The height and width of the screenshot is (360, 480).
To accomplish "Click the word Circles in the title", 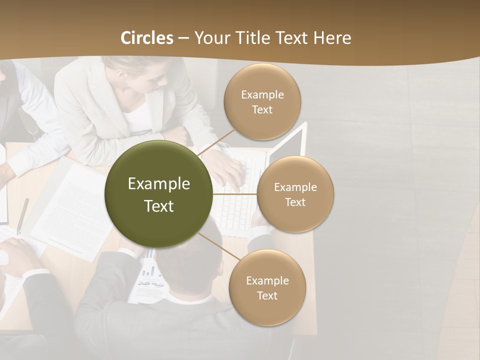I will coord(147,38).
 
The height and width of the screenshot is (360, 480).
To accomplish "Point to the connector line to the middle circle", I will coord(235,194).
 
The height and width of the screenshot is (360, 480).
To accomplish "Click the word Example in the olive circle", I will coord(159,184).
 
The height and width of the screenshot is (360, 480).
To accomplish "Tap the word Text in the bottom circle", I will coord(267,295).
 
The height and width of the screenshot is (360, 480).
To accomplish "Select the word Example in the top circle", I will coord(262,94).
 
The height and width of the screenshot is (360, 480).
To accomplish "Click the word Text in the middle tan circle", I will coord(295,202).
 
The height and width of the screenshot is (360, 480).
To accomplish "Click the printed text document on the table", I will coord(75,210).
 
